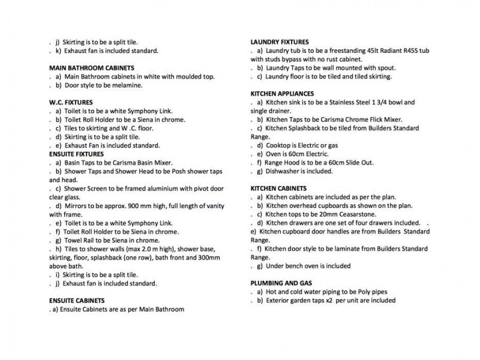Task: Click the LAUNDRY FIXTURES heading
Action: click(280, 42)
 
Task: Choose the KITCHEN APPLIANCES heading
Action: click(282, 94)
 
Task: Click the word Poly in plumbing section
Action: click(368, 292)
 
